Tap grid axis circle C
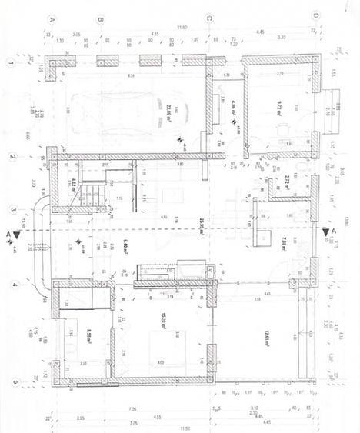(x=208, y=16)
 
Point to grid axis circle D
(x=315, y=15)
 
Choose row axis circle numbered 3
(x=12, y=208)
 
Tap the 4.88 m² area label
(x=233, y=104)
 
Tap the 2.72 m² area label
(x=286, y=182)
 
